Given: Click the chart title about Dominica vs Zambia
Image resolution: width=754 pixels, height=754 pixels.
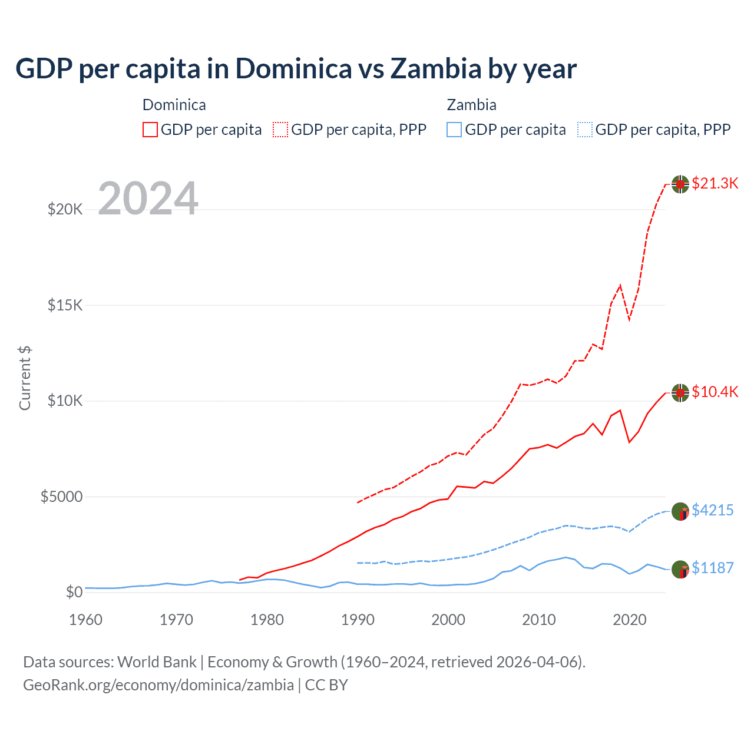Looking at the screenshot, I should click(296, 69).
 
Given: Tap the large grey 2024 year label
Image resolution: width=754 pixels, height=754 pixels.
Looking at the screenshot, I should click(148, 199).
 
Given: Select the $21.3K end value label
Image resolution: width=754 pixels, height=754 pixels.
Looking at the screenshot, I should click(715, 183).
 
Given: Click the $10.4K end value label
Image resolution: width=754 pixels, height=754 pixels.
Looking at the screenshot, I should click(715, 392).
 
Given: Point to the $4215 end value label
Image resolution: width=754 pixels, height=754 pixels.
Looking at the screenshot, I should click(712, 510).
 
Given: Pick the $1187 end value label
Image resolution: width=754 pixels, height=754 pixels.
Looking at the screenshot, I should click(712, 568).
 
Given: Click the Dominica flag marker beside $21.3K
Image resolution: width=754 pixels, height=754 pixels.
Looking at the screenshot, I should click(680, 184).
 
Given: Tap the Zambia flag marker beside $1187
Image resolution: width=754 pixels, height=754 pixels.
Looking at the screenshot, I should click(680, 570).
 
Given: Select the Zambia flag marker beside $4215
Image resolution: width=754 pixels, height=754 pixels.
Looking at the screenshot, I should click(680, 511).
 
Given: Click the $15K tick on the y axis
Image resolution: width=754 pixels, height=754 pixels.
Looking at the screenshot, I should click(65, 305).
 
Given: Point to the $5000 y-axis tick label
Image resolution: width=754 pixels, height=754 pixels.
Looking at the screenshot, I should click(61, 497).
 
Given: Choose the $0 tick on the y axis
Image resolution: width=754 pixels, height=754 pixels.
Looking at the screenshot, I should click(74, 592).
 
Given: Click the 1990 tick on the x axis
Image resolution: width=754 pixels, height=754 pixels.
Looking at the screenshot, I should click(358, 620).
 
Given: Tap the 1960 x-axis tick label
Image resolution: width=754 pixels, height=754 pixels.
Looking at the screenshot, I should click(86, 620).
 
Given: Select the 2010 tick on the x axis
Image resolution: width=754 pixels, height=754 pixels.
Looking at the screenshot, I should click(539, 620).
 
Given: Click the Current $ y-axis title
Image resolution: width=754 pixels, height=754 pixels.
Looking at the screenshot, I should click(25, 378).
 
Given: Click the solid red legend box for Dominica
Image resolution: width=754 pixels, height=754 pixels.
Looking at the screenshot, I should click(150, 130).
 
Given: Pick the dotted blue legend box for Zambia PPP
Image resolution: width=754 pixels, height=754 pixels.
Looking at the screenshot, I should click(585, 130).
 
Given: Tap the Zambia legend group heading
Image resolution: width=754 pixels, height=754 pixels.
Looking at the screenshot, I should click(471, 105).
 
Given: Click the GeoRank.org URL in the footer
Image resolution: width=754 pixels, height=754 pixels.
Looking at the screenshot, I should click(158, 685).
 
